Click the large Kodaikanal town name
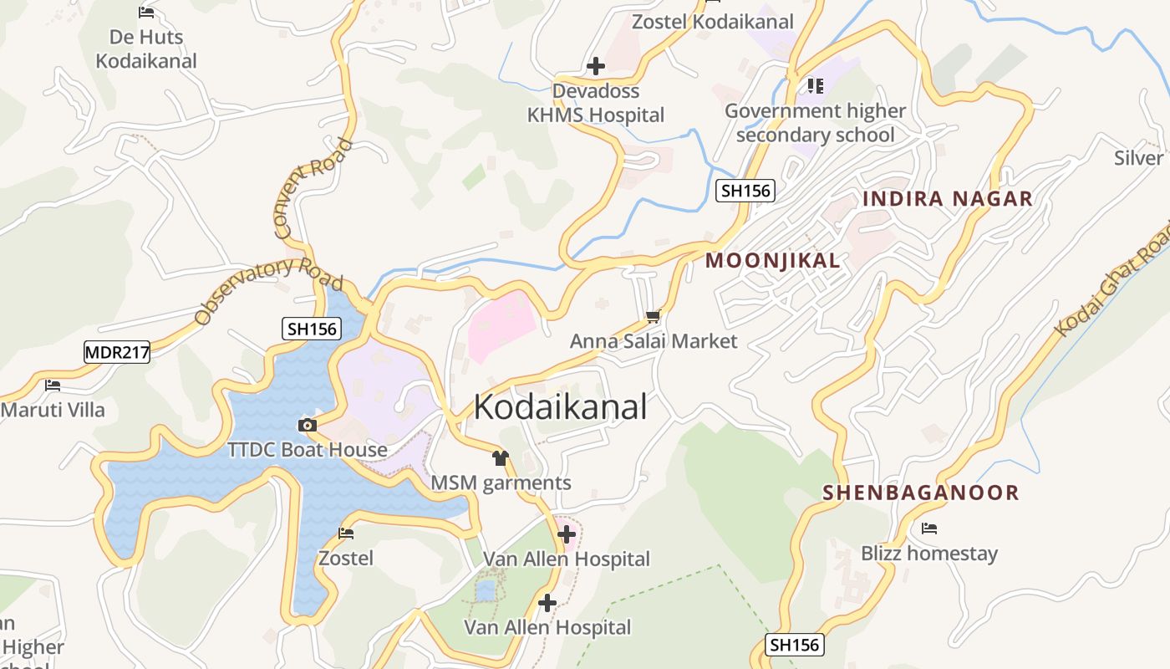[x=560, y=407]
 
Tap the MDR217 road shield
[x=117, y=352]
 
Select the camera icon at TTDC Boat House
[x=307, y=425]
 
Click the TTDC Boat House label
[x=308, y=450]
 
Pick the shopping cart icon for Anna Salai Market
[x=654, y=316]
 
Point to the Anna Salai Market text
[x=654, y=341]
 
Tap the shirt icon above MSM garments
[x=501, y=457]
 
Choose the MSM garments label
[x=501, y=483]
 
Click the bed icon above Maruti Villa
[x=53, y=386]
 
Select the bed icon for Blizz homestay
[x=928, y=529]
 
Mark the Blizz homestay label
[x=929, y=554]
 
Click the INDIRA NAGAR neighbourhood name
[x=948, y=199]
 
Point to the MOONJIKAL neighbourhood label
[x=773, y=260]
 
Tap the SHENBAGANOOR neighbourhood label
[x=921, y=493]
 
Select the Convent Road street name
[x=313, y=187]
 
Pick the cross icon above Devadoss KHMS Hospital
[x=596, y=65]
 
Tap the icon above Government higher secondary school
[x=816, y=85]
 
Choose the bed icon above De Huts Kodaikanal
[x=146, y=12]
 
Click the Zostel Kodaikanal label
[x=712, y=22]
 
